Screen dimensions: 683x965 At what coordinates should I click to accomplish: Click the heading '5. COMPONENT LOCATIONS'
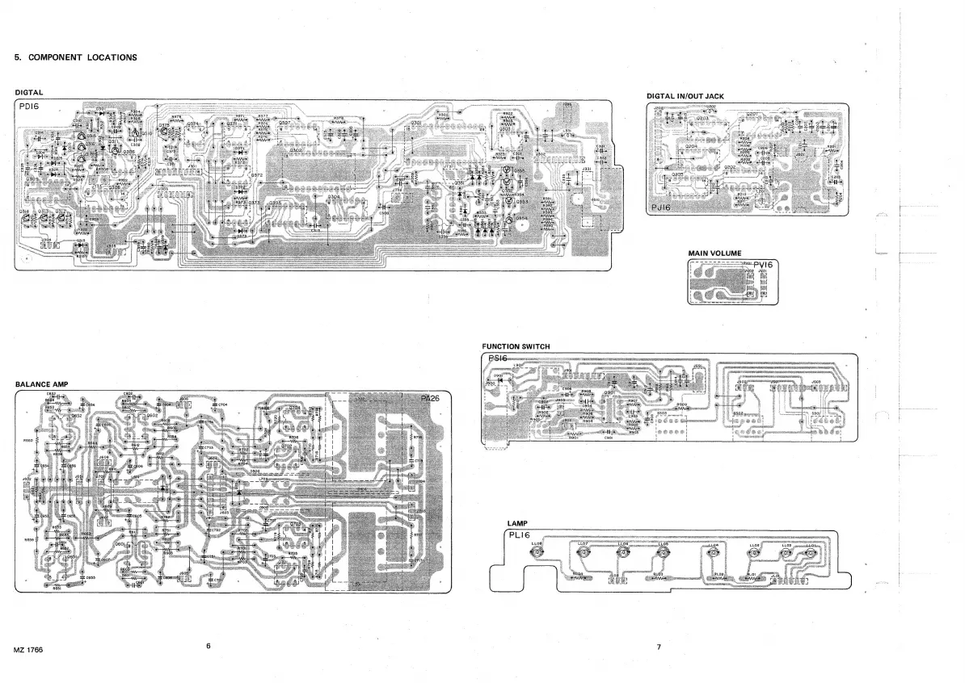coord(76,57)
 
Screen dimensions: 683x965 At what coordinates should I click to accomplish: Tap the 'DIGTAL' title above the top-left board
coord(29,93)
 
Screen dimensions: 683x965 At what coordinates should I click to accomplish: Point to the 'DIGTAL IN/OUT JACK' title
coord(685,96)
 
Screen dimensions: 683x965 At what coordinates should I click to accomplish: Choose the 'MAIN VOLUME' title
coord(714,254)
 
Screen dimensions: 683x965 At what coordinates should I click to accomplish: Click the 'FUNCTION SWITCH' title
coord(516,346)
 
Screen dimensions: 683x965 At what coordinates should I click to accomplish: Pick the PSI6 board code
coord(495,358)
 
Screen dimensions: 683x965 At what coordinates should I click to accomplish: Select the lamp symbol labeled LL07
coord(583,554)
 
